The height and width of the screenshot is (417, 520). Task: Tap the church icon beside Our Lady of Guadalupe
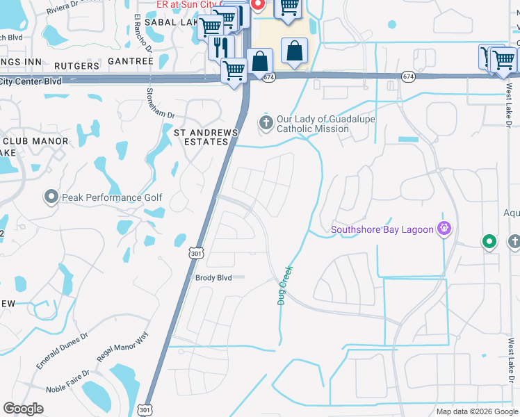click(x=266, y=123)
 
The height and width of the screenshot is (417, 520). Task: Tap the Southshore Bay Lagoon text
click(x=382, y=229)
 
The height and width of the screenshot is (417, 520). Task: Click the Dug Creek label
click(x=284, y=284)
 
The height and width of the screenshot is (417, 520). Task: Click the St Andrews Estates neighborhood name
click(x=206, y=137)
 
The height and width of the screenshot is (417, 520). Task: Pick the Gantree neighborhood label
click(x=131, y=62)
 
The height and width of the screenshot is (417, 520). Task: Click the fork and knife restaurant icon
click(x=220, y=47)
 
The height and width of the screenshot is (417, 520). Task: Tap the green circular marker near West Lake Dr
click(x=489, y=241)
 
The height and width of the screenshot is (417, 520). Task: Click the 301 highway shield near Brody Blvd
click(x=196, y=254)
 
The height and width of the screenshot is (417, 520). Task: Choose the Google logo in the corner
click(x=23, y=409)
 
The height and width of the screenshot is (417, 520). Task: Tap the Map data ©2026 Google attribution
click(x=476, y=411)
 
